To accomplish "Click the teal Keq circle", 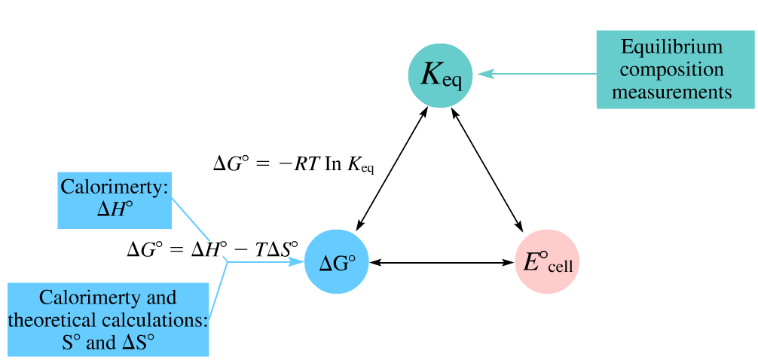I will coord(440,75).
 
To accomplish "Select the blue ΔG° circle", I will coord(337,262).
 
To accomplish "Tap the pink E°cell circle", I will coord(547,261).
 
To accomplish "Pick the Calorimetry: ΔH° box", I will coord(115,200).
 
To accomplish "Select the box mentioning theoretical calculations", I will coord(108,320).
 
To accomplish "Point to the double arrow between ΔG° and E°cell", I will coord(442,262).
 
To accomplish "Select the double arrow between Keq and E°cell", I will coord(487,167).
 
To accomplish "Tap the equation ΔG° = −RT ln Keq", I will coord(293,163).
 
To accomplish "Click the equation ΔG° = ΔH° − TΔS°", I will coord(212,248).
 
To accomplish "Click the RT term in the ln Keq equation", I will coord(307,163).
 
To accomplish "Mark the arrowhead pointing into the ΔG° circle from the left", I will coord(298,262).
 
